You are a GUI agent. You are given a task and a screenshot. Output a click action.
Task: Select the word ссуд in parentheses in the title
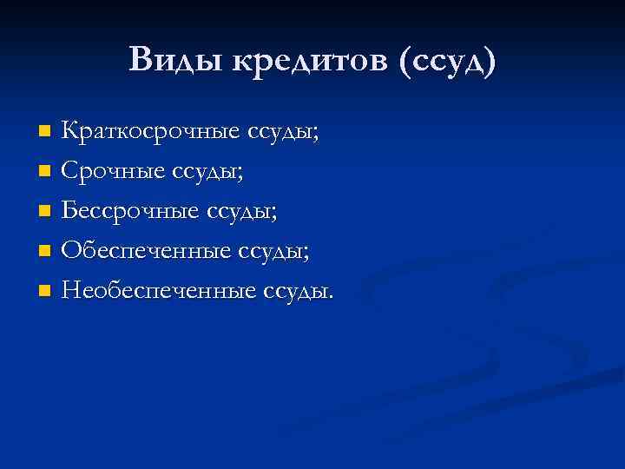pos(444,61)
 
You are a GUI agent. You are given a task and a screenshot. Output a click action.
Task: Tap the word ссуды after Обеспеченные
pos(271,253)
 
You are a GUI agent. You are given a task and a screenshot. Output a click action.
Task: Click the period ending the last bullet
pos(329,298)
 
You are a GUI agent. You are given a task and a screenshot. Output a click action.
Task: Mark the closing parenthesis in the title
pos(490,61)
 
